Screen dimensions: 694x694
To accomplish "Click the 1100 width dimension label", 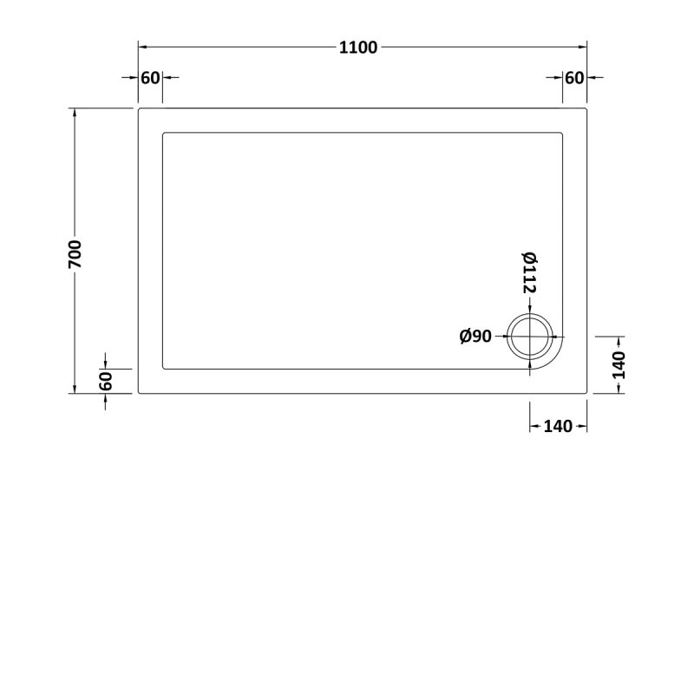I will [x=358, y=48].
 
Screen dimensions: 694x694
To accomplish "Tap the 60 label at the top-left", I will [x=149, y=78].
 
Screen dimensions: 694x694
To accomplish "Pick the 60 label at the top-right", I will [x=574, y=78].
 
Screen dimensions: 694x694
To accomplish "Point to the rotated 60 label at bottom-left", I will [x=105, y=381].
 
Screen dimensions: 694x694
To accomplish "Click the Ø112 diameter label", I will [x=529, y=272].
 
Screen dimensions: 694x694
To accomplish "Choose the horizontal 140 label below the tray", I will [x=558, y=426].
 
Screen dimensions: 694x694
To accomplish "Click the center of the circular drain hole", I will [x=530, y=337].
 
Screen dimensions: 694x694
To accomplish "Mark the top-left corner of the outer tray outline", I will [x=139, y=108].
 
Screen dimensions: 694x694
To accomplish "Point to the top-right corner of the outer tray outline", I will [x=588, y=108].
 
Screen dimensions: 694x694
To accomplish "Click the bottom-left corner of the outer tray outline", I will [x=139, y=393].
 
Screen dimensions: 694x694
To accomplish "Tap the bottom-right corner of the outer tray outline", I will [x=588, y=393].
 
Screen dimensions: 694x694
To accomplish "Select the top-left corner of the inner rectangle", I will [x=163, y=133].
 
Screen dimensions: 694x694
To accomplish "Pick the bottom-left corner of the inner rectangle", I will [x=163, y=369].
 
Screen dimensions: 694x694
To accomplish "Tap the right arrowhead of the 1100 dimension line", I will [x=584, y=48].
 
